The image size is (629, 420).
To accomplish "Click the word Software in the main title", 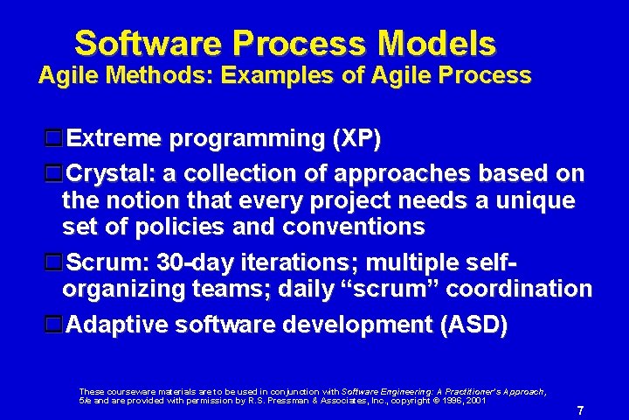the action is point(148,43).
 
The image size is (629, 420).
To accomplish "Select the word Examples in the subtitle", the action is point(277,74).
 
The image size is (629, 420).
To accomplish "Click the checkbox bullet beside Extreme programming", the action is point(53,138).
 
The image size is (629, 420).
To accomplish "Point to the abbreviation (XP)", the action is point(356,138).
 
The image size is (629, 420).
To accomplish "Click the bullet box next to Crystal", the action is point(53,173).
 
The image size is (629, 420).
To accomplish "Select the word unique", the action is point(536,200).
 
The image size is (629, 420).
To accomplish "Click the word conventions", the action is point(354,227).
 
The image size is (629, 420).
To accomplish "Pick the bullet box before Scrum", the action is point(53,262).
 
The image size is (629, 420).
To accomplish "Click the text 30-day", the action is point(196,262).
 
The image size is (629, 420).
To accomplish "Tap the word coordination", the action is point(519,288).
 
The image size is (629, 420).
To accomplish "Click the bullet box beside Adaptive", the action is point(53,324).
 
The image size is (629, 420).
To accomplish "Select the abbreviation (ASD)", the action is point(473,325).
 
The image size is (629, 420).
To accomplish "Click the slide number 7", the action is point(580,410).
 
